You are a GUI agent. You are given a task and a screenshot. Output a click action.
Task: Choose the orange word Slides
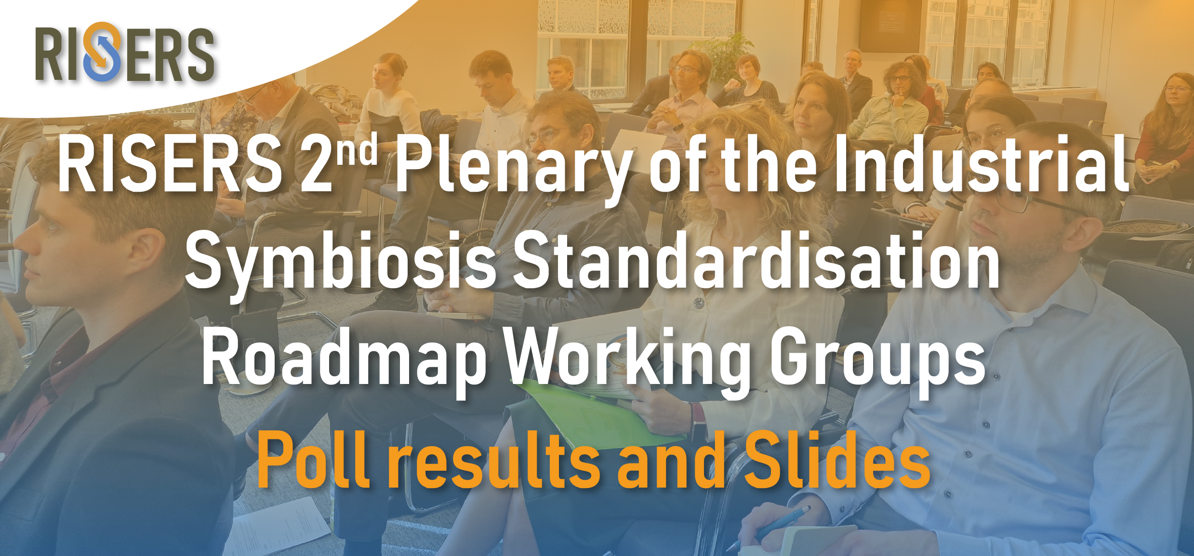click(837, 459)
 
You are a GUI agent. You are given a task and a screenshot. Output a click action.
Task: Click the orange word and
click(672, 459)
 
